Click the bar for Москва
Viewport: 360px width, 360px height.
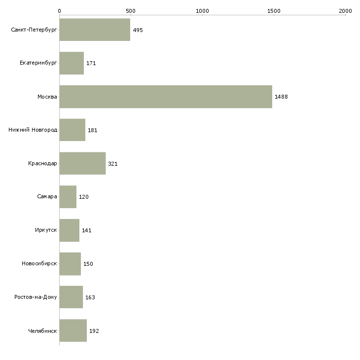[166, 97]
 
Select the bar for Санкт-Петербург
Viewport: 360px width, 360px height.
[95, 30]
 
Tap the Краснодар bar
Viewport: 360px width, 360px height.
[83, 163]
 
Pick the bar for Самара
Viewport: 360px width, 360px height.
[68, 197]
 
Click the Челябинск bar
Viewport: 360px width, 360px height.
[73, 330]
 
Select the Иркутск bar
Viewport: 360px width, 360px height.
[70, 230]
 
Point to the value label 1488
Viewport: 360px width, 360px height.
[281, 97]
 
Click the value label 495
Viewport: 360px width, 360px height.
[138, 30]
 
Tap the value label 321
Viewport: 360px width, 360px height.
[113, 164]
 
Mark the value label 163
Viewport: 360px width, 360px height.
[90, 297]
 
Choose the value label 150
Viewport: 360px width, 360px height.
[88, 264]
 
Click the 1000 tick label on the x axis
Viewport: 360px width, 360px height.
[202, 11]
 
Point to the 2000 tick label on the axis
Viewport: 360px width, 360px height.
[345, 11]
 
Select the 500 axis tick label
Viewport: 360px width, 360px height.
[131, 11]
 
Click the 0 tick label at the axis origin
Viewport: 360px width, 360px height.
[60, 11]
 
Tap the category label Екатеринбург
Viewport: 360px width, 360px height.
[38, 63]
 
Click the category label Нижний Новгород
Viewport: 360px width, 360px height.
[33, 130]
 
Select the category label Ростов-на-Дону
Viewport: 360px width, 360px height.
[36, 297]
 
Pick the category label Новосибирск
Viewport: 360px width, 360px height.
[39, 263]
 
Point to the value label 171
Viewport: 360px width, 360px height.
[91, 63]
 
